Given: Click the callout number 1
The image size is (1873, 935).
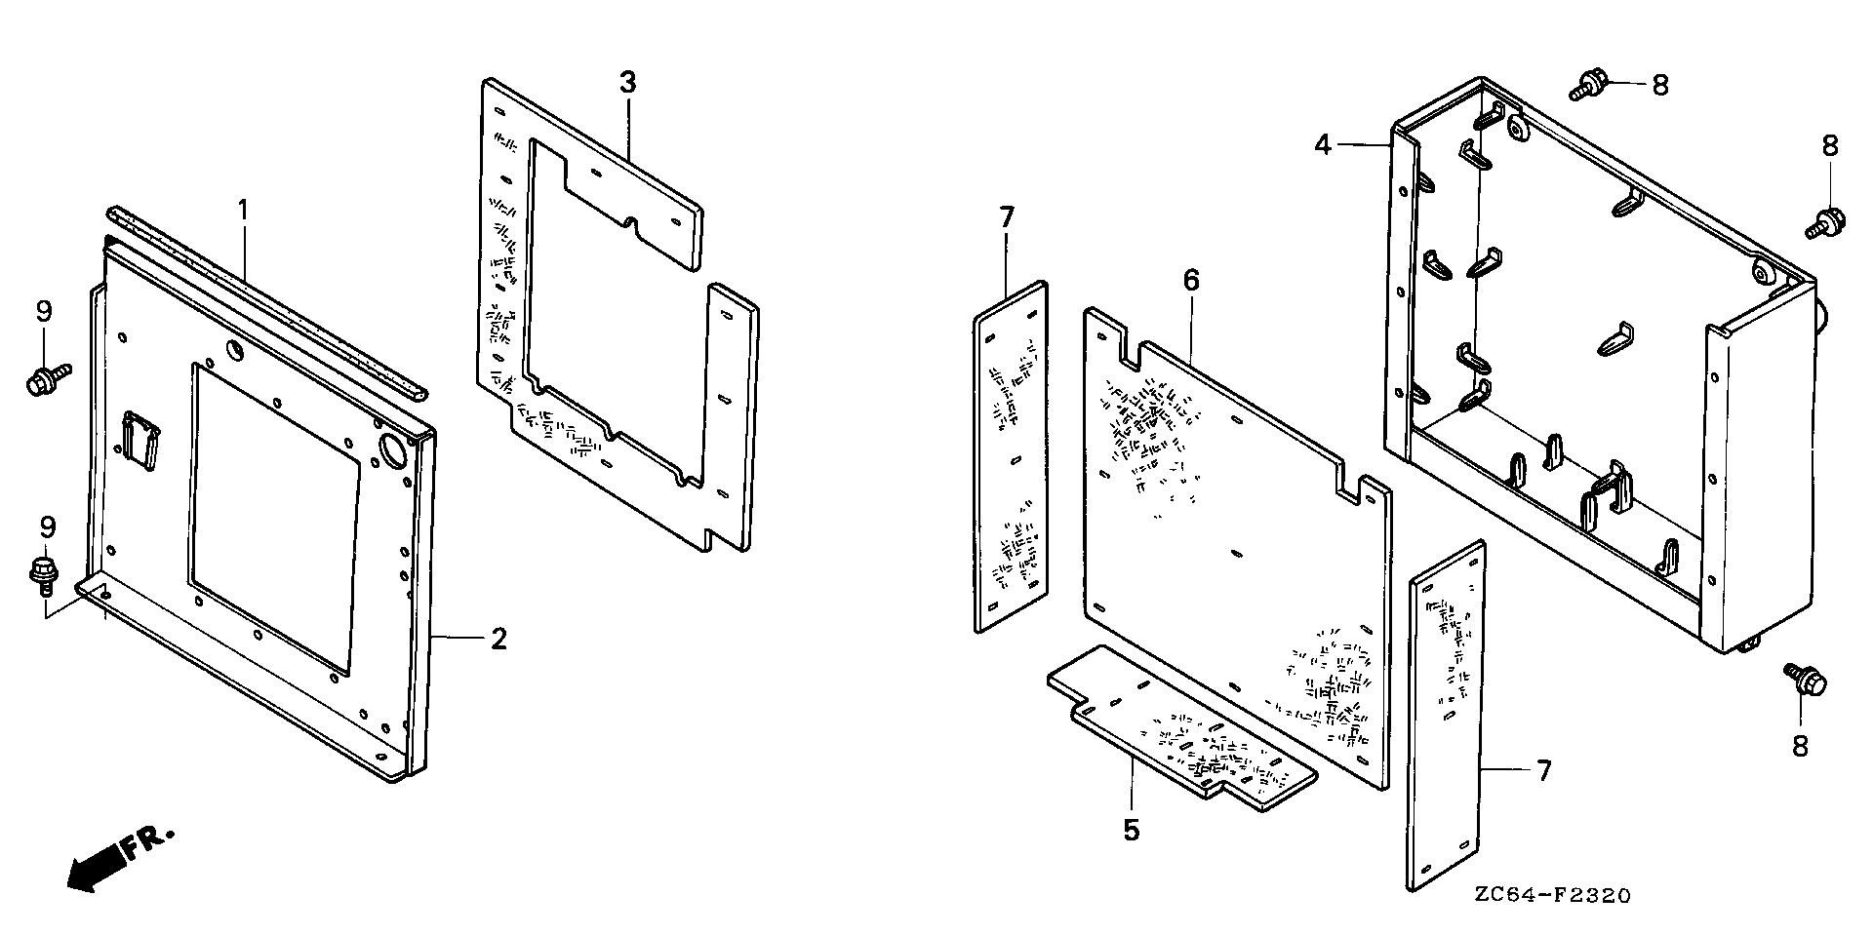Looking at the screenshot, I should pyautogui.click(x=243, y=209).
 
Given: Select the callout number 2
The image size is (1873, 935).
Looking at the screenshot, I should pyautogui.click(x=498, y=640).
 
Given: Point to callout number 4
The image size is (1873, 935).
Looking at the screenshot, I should pyautogui.click(x=1323, y=145).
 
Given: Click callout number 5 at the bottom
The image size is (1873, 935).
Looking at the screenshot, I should pyautogui.click(x=1131, y=831).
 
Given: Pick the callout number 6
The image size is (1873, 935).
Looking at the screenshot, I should pyautogui.click(x=1190, y=281).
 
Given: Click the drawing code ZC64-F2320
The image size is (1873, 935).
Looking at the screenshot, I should pyautogui.click(x=1552, y=896).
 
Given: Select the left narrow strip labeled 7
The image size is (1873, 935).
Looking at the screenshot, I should pyautogui.click(x=1011, y=458).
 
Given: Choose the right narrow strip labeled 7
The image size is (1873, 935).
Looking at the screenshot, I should pyautogui.click(x=1446, y=717).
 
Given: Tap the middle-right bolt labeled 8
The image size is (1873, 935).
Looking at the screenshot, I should pyautogui.click(x=1824, y=222).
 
